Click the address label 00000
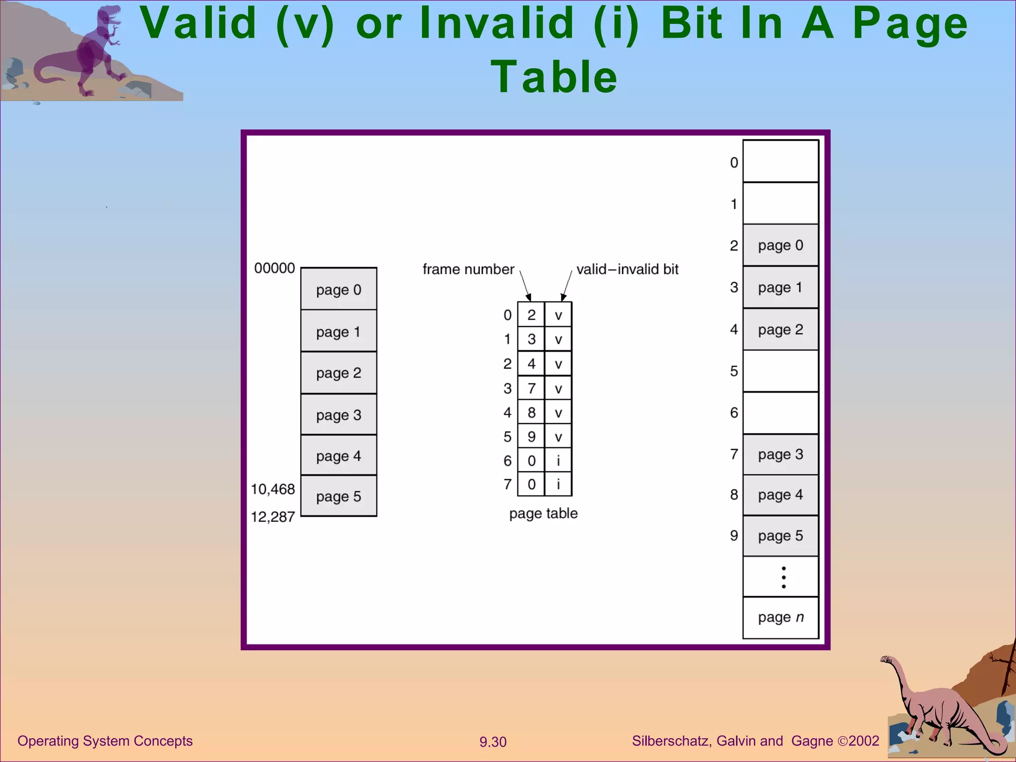(x=274, y=268)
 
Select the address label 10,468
(x=273, y=489)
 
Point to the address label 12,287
(x=273, y=517)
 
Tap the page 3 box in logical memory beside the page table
(x=338, y=415)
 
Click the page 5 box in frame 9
(x=780, y=536)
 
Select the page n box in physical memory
(x=780, y=617)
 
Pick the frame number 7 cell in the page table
(x=531, y=388)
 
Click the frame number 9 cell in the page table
(x=531, y=437)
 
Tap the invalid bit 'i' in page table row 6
(x=558, y=461)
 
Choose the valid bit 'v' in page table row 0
(x=558, y=315)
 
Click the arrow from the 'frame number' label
(x=525, y=285)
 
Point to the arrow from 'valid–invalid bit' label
(x=567, y=285)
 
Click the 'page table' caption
(x=543, y=513)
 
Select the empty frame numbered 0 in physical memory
(x=780, y=162)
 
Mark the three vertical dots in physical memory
(x=783, y=577)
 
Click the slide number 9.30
(x=493, y=742)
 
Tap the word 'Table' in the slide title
(x=554, y=77)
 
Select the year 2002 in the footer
(x=864, y=741)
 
